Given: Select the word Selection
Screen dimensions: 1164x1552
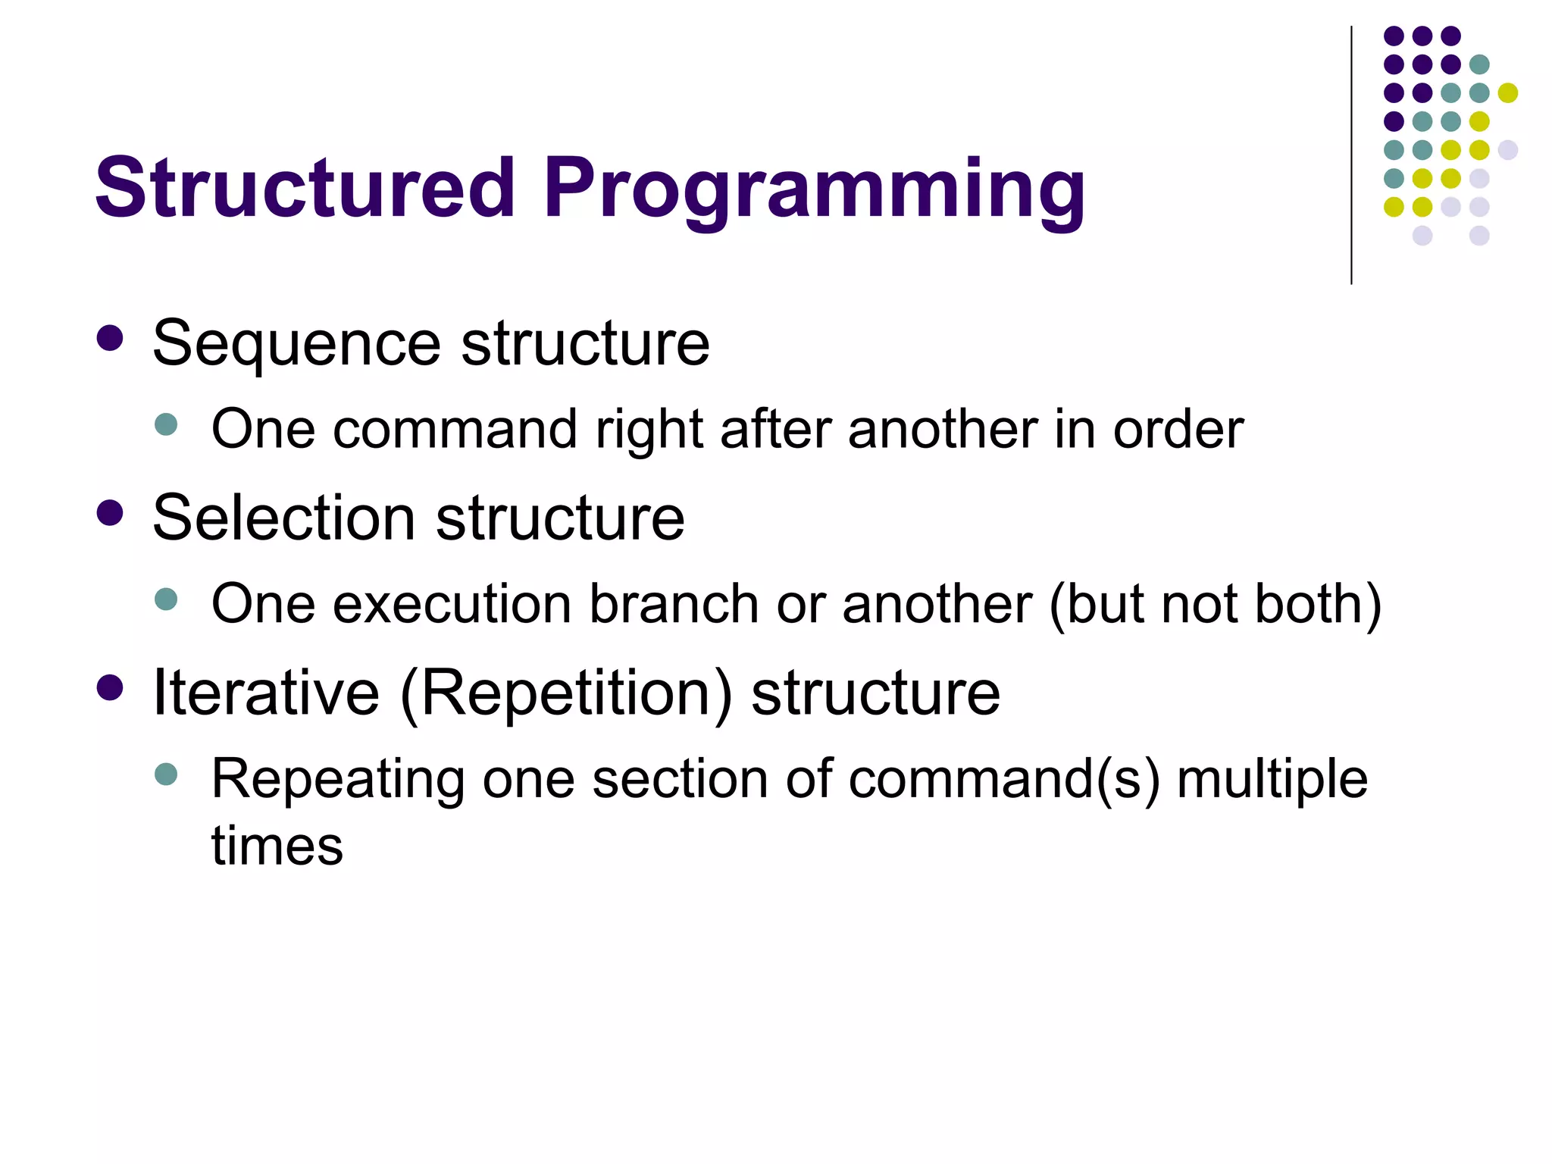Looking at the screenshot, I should click(x=283, y=518).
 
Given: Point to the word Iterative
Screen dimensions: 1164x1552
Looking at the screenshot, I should click(x=266, y=693).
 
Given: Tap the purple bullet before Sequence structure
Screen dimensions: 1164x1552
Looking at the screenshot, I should click(x=110, y=339).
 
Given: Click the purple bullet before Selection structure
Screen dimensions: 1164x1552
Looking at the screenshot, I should click(x=110, y=513).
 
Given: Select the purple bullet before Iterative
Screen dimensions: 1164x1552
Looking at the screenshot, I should click(x=110, y=687).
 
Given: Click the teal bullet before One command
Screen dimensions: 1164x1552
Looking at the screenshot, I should click(x=165, y=424).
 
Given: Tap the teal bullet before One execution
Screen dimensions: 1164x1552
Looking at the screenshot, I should click(x=165, y=599).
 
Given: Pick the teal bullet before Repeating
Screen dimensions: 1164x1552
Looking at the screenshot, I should click(x=165, y=774).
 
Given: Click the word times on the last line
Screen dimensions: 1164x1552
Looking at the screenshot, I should click(x=277, y=846).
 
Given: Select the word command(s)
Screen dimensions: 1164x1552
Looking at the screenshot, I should click(x=1003, y=781).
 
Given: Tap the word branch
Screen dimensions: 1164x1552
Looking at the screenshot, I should click(x=674, y=605).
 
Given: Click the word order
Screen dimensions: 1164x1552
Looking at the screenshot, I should click(x=1178, y=430).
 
